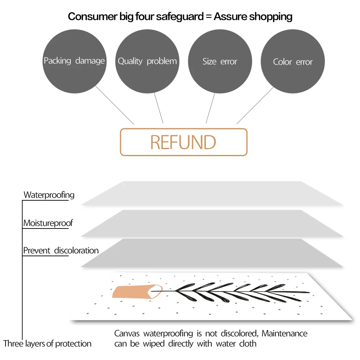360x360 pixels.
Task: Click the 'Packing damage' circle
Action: pyautogui.click(x=74, y=61)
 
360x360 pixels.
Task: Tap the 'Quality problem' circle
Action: pyautogui.click(x=147, y=61)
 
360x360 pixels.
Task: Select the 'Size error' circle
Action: pyautogui.click(x=220, y=61)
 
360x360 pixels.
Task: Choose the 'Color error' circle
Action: pyautogui.click(x=293, y=62)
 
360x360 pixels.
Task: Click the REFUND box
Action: pyautogui.click(x=183, y=142)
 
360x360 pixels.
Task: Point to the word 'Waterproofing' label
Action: pyautogui.click(x=49, y=194)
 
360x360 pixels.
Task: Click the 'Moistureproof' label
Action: pyautogui.click(x=48, y=223)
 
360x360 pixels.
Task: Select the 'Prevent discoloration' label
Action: pyautogui.click(x=61, y=250)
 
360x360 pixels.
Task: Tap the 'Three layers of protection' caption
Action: pyautogui.click(x=47, y=344)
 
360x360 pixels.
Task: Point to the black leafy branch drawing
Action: pyautogui.click(x=235, y=291)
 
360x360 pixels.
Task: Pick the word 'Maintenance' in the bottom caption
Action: pyautogui.click(x=284, y=334)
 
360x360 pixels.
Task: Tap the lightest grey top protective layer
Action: pyautogui.click(x=211, y=194)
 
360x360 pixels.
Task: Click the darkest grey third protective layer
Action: pyautogui.click(x=211, y=254)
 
